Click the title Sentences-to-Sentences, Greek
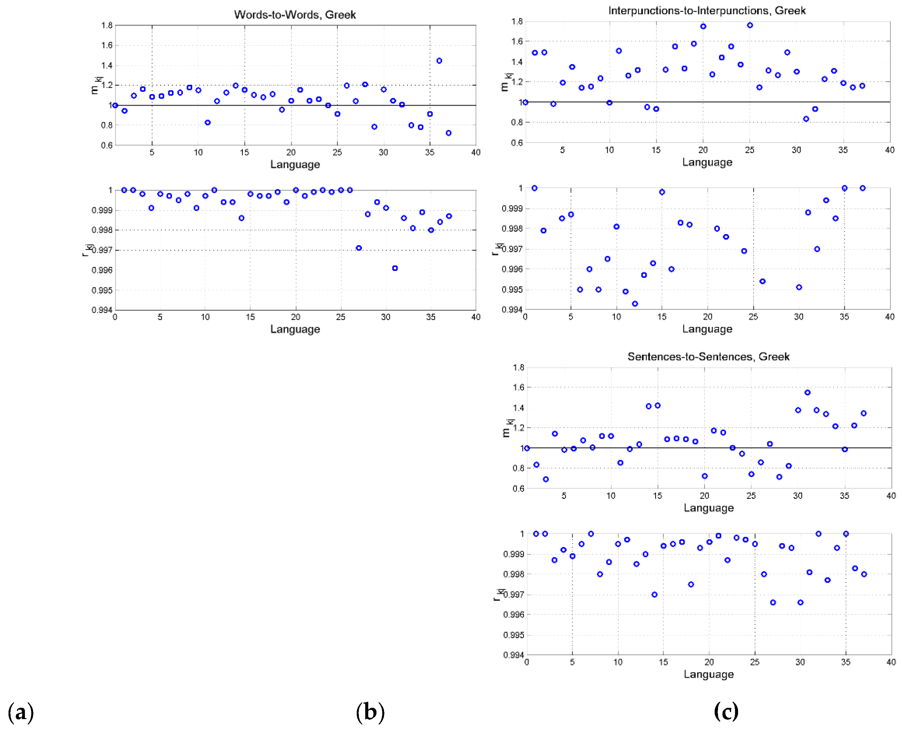(x=708, y=356)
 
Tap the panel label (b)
(x=370, y=712)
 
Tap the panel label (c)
(x=726, y=711)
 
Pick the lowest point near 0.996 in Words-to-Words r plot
(x=395, y=268)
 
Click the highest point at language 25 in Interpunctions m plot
(x=750, y=25)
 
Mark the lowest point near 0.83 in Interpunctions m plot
(x=806, y=119)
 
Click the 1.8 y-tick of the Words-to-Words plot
(x=107, y=25)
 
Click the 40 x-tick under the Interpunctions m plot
(x=889, y=150)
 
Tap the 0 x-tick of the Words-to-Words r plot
(x=115, y=317)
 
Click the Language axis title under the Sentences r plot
(x=708, y=674)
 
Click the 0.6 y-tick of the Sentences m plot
(x=518, y=488)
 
